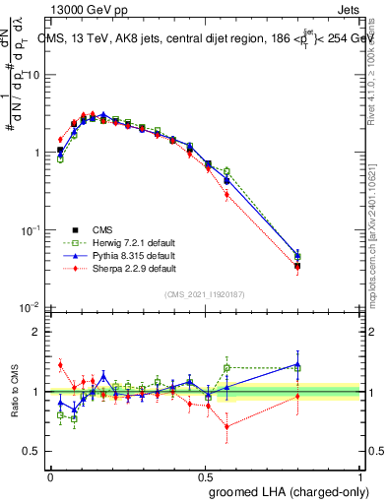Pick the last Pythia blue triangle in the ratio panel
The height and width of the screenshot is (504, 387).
coord(298,364)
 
